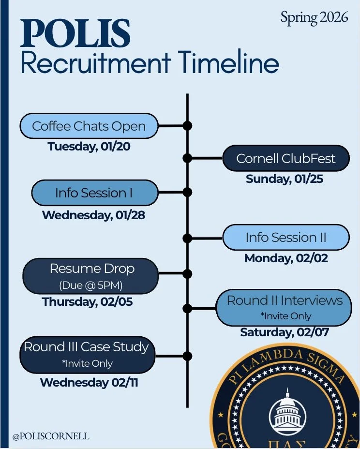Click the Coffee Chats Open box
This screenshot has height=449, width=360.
[x=89, y=126]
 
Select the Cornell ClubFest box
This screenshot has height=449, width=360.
[x=285, y=158]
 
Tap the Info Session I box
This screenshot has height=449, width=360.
[x=94, y=193]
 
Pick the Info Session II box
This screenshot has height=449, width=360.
[x=285, y=238]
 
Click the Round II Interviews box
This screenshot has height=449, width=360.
[x=284, y=307]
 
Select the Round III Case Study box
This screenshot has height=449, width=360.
[x=87, y=354]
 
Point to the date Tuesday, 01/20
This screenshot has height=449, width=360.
[x=89, y=147]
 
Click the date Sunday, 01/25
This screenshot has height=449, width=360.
[x=284, y=179]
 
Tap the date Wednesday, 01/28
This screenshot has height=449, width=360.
[x=93, y=215]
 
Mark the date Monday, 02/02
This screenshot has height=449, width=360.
[x=286, y=258]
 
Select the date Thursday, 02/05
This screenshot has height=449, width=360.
[x=88, y=302]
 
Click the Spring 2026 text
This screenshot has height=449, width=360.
[x=314, y=17]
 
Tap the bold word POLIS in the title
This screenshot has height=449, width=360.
[x=75, y=34]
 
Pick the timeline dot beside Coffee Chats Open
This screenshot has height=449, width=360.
[x=187, y=126]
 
